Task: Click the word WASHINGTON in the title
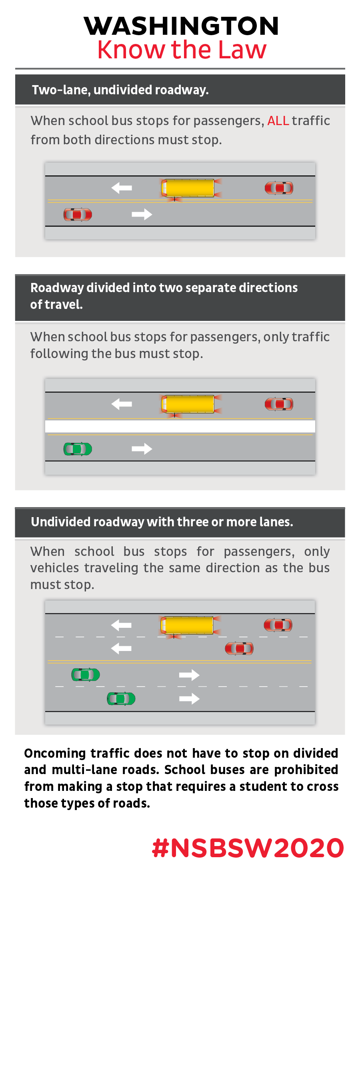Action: [182, 26]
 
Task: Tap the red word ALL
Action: [278, 121]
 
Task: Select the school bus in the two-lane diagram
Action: [188, 188]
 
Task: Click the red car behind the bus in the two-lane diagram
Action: [279, 188]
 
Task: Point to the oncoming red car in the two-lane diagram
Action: [78, 215]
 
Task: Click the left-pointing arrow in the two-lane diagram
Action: [122, 188]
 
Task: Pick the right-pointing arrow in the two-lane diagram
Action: [142, 215]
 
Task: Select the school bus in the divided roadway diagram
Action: [188, 404]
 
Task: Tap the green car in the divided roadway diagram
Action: [78, 449]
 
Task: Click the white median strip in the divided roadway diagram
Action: [180, 426]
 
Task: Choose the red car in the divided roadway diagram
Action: [279, 404]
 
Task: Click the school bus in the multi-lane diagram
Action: [187, 625]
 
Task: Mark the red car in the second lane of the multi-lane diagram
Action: [239, 649]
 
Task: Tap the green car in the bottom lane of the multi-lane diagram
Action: [121, 699]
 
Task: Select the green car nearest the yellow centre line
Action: [86, 675]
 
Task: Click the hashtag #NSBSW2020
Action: [248, 848]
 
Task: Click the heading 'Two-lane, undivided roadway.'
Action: [120, 90]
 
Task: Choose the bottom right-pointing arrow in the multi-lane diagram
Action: [189, 699]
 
